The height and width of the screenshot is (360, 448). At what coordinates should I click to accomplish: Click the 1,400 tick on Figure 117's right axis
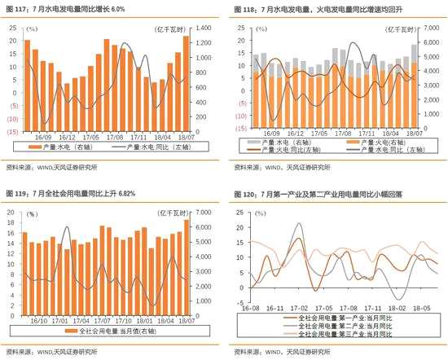pyautogui.click(x=204, y=28)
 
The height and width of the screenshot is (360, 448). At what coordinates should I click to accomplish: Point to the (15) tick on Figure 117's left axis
pyautogui.click(x=13, y=130)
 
